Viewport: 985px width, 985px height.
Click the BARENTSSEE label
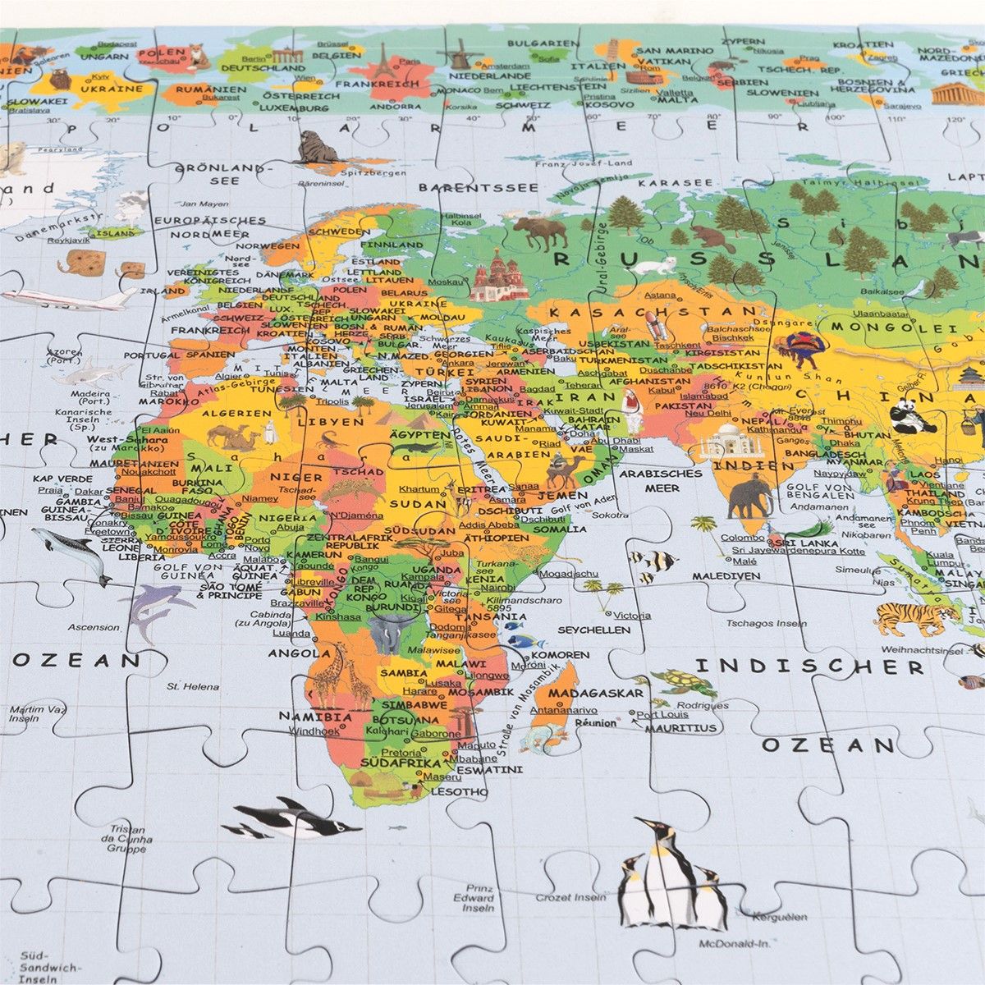[479, 188]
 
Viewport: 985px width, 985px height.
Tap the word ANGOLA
[293, 653]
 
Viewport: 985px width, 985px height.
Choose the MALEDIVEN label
[724, 576]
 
